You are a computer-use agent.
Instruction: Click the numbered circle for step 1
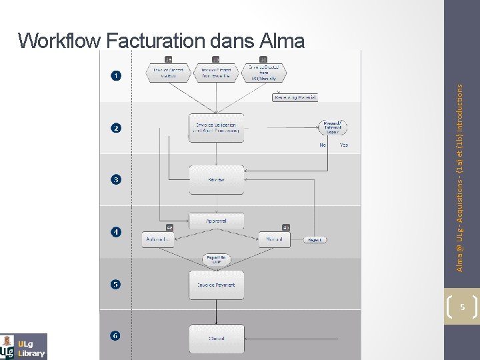coord(117,75)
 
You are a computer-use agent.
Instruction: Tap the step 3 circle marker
coord(117,179)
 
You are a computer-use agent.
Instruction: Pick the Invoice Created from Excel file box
coord(216,73)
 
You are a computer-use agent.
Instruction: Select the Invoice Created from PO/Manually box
coord(263,72)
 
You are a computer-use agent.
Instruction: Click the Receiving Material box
coord(295,97)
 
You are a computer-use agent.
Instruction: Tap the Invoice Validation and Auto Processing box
coord(216,127)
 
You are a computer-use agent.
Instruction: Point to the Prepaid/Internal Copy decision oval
coord(333,127)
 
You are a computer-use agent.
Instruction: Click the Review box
coord(216,179)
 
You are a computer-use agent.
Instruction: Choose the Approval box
coord(216,221)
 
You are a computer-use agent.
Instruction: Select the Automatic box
coord(159,239)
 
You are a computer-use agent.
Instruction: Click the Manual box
coord(274,239)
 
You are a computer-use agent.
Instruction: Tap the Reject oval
coord(315,239)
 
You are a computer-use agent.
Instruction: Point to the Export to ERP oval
coord(216,259)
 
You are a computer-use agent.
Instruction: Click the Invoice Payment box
coord(216,285)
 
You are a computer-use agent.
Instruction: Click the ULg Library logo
coord(24,346)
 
